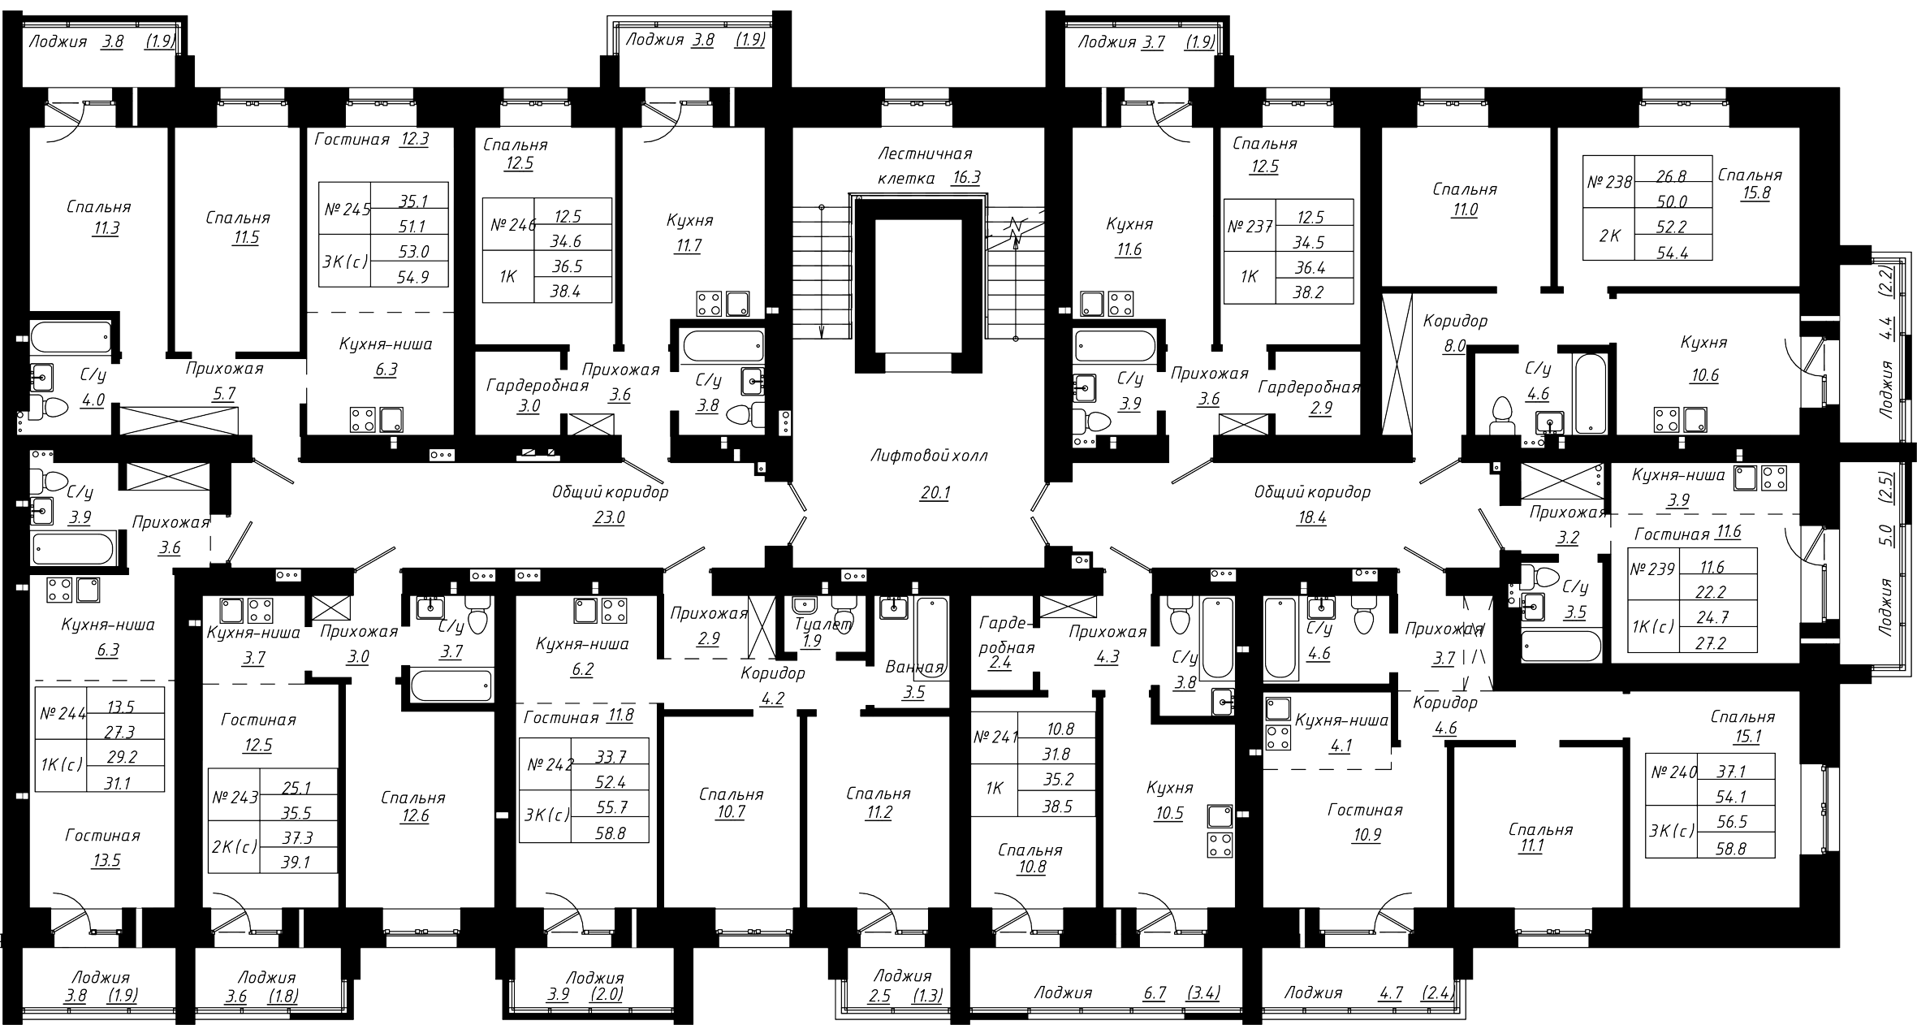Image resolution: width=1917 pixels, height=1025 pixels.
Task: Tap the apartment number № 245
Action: click(x=347, y=209)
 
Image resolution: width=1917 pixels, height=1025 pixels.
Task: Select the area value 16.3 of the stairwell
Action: click(x=965, y=178)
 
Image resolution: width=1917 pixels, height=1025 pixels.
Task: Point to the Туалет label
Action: click(x=823, y=624)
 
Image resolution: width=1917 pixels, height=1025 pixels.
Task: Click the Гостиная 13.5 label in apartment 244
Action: click(x=104, y=848)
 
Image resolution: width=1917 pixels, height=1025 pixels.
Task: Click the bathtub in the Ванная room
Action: click(x=931, y=640)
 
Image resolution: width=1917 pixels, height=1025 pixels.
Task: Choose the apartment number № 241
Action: click(x=995, y=737)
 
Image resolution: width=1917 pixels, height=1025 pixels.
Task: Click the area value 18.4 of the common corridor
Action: click(x=1311, y=517)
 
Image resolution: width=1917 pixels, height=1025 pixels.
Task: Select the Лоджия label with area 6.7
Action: click(x=1063, y=993)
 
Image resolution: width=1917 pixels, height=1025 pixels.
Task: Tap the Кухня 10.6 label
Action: click(x=1703, y=359)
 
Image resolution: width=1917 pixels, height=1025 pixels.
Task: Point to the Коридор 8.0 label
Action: click(x=1455, y=333)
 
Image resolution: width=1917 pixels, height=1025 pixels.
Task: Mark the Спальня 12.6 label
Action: click(x=413, y=807)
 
